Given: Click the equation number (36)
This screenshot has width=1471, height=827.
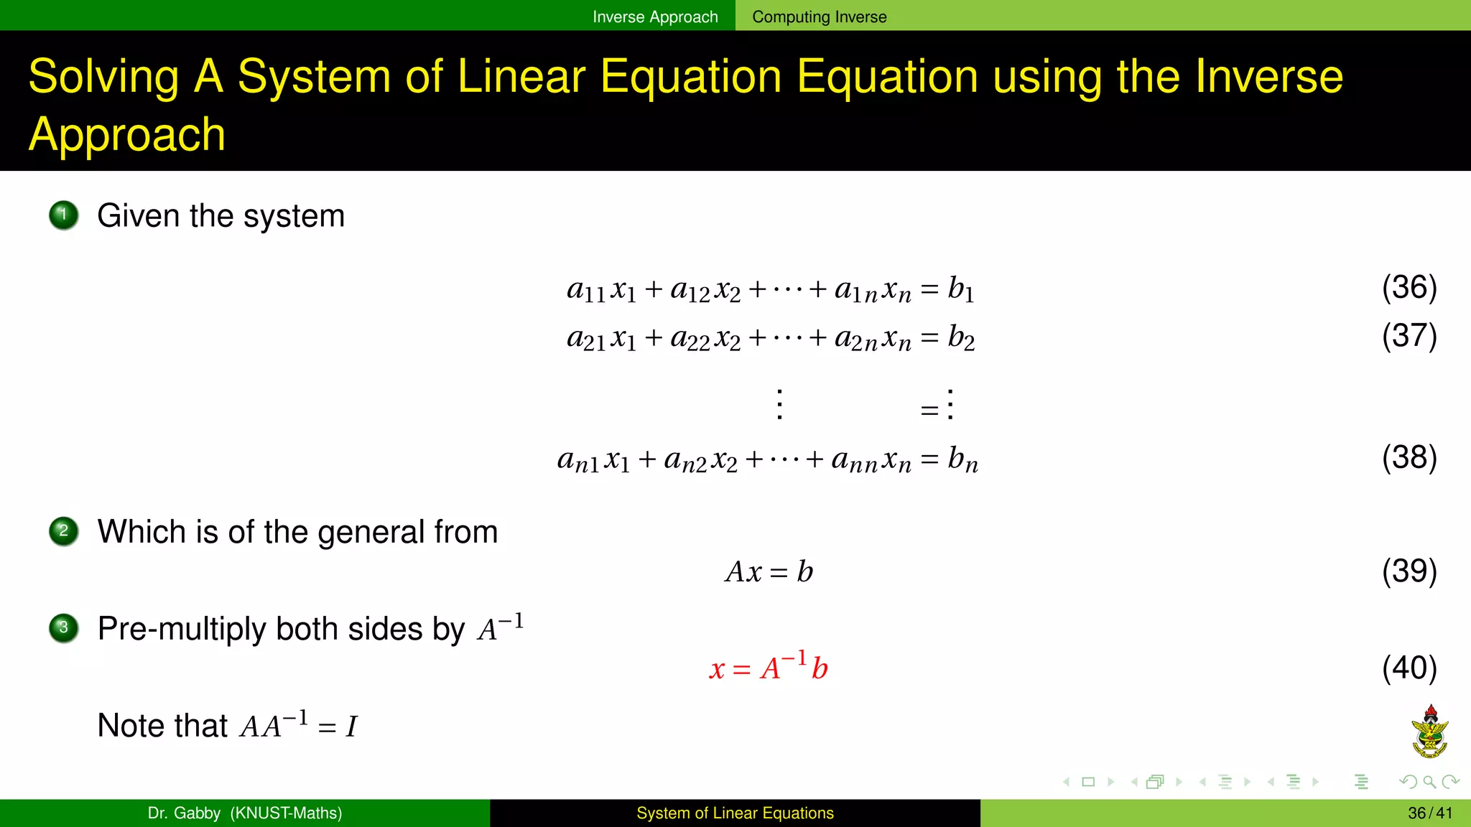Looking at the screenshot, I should pyautogui.click(x=1409, y=287).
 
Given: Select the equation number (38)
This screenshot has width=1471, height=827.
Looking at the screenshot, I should pyautogui.click(x=1409, y=457).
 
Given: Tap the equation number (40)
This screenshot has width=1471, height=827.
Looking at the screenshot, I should pyautogui.click(x=1409, y=668).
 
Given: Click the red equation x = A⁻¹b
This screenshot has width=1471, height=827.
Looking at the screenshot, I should pyautogui.click(x=769, y=667).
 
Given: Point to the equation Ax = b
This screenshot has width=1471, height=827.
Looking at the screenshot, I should pyautogui.click(x=769, y=571).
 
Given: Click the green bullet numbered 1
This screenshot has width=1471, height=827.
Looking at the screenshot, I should pyautogui.click(x=64, y=215).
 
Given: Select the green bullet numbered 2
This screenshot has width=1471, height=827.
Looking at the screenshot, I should pyautogui.click(x=64, y=531).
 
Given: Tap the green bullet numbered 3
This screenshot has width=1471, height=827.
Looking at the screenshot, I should pyautogui.click(x=64, y=628).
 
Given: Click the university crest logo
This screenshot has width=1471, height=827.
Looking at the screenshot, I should pyautogui.click(x=1430, y=732).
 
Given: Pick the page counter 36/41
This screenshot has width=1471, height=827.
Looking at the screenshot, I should pyautogui.click(x=1430, y=813).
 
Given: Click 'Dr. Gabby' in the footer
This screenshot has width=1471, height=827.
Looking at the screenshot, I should pyautogui.click(x=184, y=813).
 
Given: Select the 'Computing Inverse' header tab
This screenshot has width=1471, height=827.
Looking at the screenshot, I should pyautogui.click(x=819, y=17).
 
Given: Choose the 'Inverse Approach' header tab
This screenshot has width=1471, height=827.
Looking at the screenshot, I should pyautogui.click(x=655, y=17).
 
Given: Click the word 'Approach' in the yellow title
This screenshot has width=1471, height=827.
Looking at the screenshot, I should pyautogui.click(x=127, y=134).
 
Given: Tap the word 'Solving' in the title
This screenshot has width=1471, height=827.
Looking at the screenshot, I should pyautogui.click(x=103, y=76).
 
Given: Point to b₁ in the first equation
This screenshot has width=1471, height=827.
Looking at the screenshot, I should pyautogui.click(x=961, y=289).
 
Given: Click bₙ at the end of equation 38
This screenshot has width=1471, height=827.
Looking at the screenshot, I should pyautogui.click(x=962, y=459).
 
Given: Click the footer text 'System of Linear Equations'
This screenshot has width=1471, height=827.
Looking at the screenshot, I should pyautogui.click(x=735, y=813).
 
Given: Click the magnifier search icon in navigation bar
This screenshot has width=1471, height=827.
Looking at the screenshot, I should pyautogui.click(x=1429, y=782).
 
